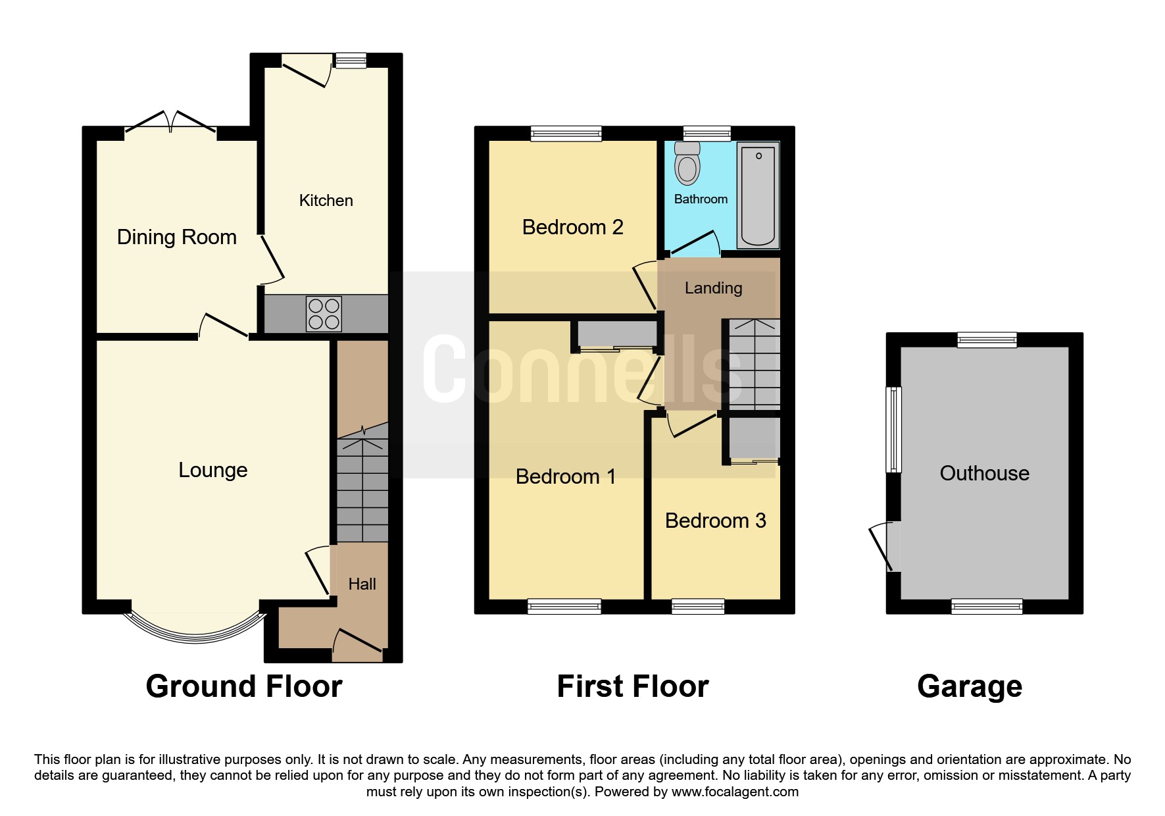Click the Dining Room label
tap(176, 237)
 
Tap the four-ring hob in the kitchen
tap(324, 314)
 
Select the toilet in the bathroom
tap(687, 164)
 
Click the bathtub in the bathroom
tap(758, 195)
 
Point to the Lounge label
tap(213, 470)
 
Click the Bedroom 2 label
tap(572, 227)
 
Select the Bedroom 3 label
tap(716, 521)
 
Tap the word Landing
tap(713, 288)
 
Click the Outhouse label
tap(984, 473)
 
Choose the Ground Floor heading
tap(244, 686)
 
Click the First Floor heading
tap(633, 686)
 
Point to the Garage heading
tap(970, 686)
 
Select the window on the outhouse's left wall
tap(893, 429)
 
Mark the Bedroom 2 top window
tap(566, 134)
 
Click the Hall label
tap(362, 584)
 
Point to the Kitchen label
tap(326, 200)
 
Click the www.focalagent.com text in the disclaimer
tap(735, 792)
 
